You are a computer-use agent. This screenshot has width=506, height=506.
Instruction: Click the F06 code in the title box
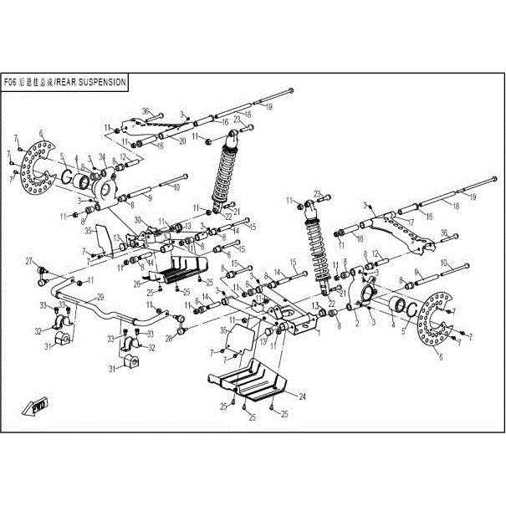point(11,83)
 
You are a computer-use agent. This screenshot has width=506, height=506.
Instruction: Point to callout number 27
point(28,261)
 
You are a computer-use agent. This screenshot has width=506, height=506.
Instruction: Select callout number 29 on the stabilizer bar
point(100,297)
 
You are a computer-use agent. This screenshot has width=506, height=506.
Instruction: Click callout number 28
point(168,338)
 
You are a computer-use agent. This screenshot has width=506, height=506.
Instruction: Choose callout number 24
point(302,396)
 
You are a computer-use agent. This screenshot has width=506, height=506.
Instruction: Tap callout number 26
point(135,283)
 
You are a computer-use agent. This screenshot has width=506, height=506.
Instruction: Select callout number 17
point(410,222)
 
